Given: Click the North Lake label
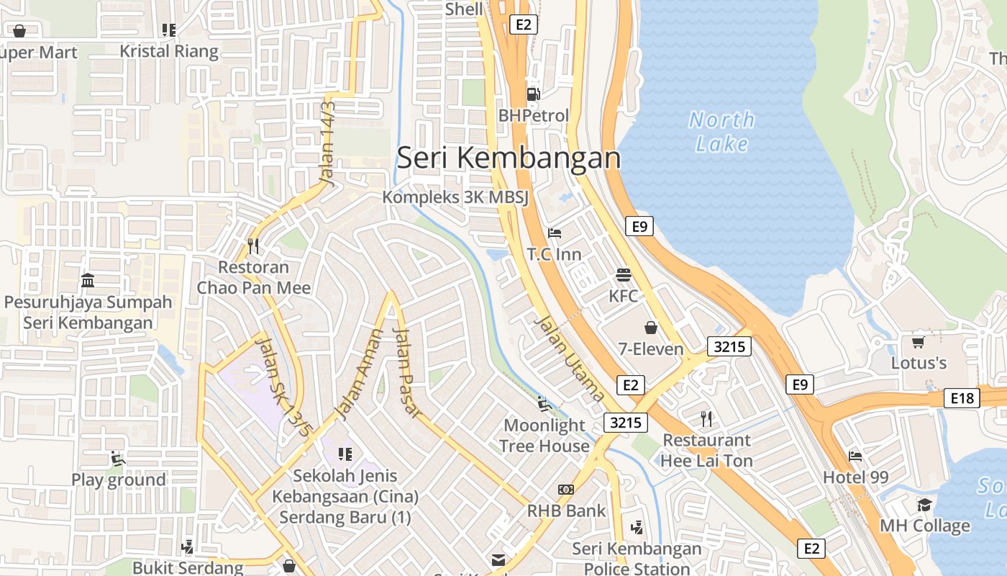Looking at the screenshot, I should click(721, 131).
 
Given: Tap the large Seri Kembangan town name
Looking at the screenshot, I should click(509, 158).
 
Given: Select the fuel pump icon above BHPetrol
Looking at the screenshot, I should click(533, 94).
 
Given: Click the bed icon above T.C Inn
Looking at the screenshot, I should click(555, 233).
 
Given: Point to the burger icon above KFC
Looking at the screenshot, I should click(623, 275).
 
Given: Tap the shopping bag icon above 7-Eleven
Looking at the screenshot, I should click(651, 328).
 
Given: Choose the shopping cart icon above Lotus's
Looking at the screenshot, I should click(918, 342).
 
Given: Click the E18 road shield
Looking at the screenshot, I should click(962, 398).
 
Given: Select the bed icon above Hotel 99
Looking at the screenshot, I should click(855, 456).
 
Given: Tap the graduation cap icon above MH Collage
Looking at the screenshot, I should click(924, 505).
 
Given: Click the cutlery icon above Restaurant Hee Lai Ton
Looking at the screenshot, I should click(706, 418).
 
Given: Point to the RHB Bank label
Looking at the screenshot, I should click(566, 510).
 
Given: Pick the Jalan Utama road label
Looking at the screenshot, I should click(569, 358).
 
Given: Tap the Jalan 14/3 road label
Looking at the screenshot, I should click(327, 144).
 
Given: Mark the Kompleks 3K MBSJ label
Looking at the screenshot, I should click(455, 197).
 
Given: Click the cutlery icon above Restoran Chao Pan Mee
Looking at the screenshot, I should click(253, 246).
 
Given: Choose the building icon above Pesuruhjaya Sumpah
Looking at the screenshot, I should click(88, 280).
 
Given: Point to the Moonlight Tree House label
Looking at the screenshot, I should click(544, 436).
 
